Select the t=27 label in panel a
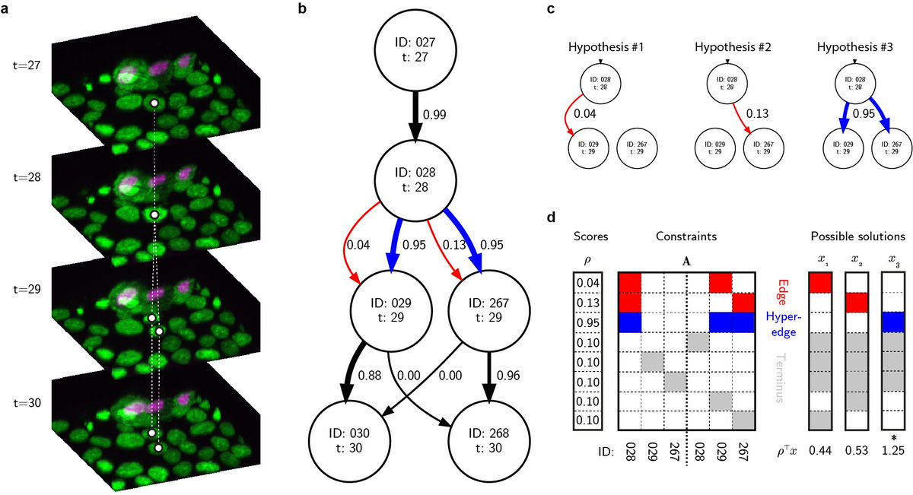tap(27, 66)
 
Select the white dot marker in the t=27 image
tap(154, 103)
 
